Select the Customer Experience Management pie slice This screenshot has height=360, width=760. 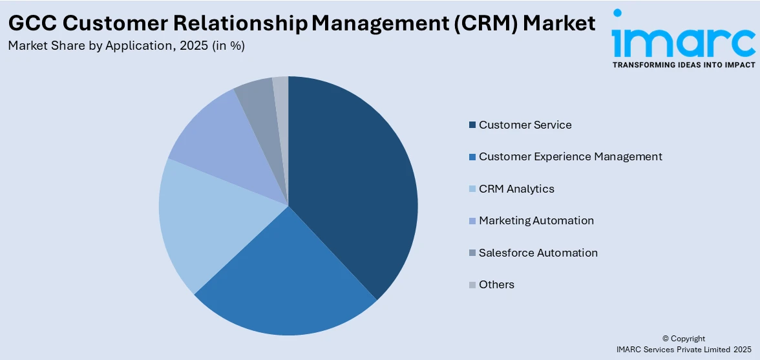coord(284,284)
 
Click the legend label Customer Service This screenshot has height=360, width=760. coord(525,125)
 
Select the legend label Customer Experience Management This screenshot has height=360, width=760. coord(570,156)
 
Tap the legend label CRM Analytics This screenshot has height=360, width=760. coord(516,189)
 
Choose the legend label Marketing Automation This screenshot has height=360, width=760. coord(536,220)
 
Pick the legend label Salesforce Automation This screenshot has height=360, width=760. coord(538,253)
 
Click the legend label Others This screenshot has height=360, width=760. coord(496,284)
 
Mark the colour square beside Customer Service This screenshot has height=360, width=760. coord(472,125)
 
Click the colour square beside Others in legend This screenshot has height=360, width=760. coord(472,284)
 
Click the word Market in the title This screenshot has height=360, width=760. coord(559,23)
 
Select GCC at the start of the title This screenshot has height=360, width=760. coord(32,23)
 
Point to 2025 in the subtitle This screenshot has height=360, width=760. coord(193,46)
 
